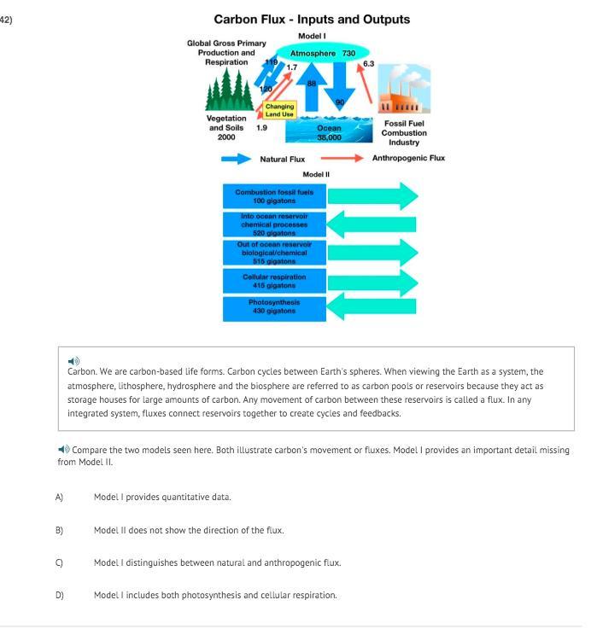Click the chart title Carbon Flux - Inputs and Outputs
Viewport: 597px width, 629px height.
pyautogui.click(x=312, y=19)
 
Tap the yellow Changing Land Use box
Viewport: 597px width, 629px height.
pyautogui.click(x=280, y=111)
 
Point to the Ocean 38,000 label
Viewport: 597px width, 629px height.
pyautogui.click(x=329, y=132)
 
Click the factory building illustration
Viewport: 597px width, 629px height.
pyautogui.click(x=402, y=95)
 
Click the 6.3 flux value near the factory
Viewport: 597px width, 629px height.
pyautogui.click(x=368, y=64)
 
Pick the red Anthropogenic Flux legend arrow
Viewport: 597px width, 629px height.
pyautogui.click(x=342, y=158)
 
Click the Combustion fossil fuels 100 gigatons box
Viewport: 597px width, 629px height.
pyautogui.click(x=274, y=196)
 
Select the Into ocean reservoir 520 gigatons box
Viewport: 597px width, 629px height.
pyautogui.click(x=274, y=224)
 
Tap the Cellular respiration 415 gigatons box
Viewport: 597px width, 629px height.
pyautogui.click(x=274, y=281)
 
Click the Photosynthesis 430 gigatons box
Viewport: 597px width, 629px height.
pyautogui.click(x=274, y=307)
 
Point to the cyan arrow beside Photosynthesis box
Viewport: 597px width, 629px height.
pyautogui.click(x=372, y=307)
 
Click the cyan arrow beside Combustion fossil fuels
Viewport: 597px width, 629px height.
pyautogui.click(x=373, y=196)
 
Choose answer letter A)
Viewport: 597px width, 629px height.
pyautogui.click(x=60, y=497)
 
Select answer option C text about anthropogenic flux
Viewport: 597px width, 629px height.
pyautogui.click(x=217, y=562)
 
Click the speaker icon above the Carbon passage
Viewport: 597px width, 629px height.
pyautogui.click(x=73, y=361)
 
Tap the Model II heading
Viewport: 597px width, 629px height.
pyautogui.click(x=316, y=174)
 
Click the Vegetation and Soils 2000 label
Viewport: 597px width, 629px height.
pyautogui.click(x=226, y=128)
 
